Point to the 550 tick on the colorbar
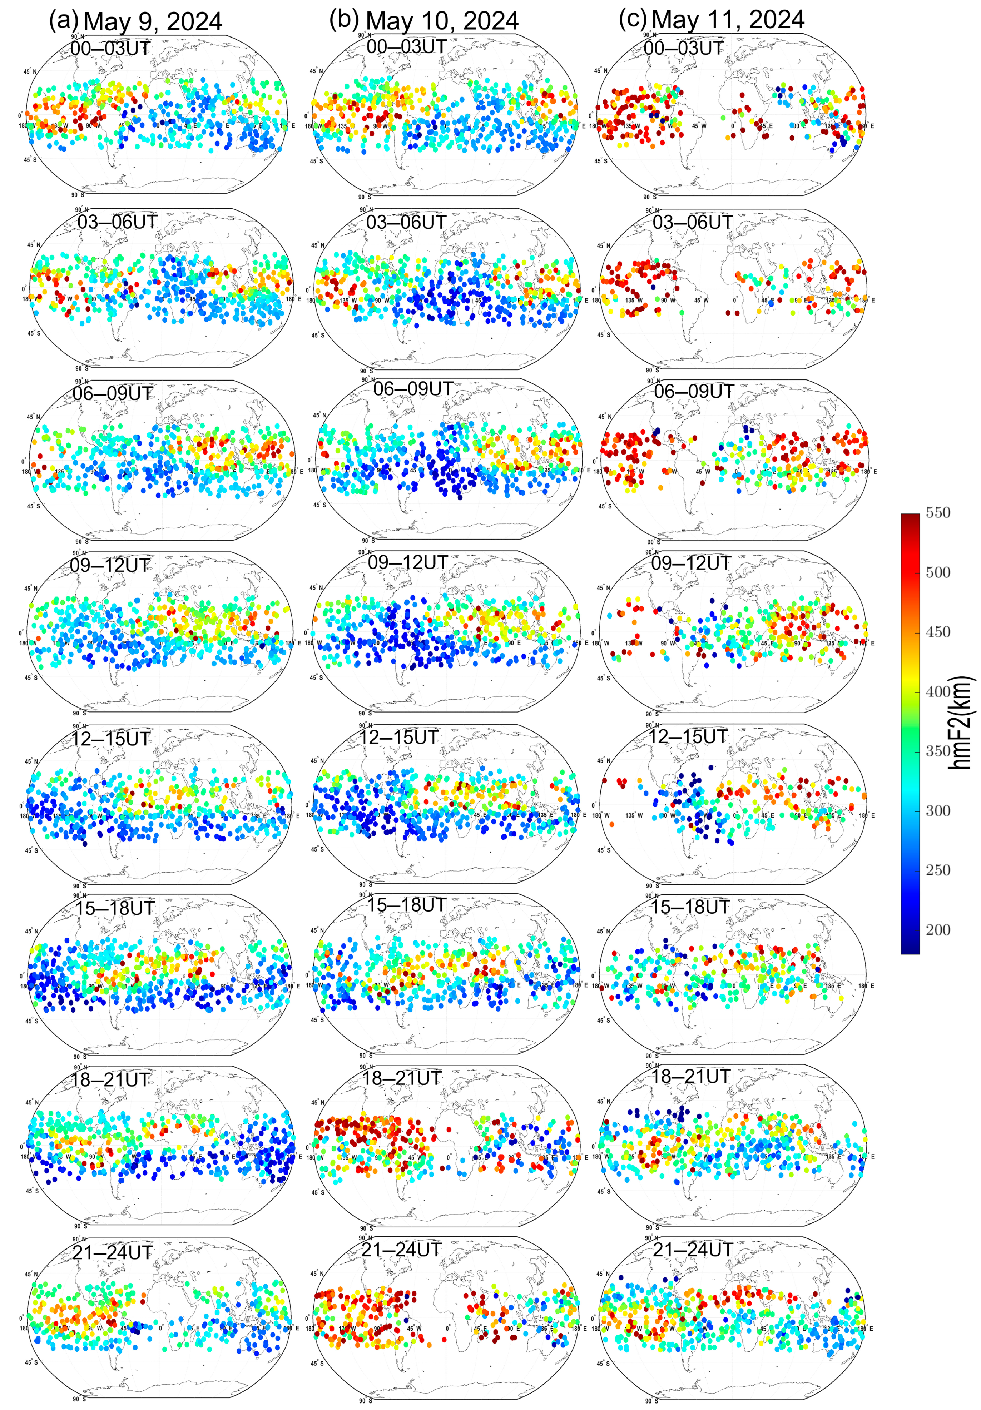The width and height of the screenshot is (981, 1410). tap(937, 513)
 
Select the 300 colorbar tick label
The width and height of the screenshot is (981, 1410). tap(937, 811)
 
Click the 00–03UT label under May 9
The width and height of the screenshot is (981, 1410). tap(110, 48)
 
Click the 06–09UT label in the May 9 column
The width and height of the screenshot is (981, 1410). tap(113, 393)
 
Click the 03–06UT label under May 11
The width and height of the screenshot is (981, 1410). tap(692, 222)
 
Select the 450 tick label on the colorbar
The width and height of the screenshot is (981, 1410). tap(937, 632)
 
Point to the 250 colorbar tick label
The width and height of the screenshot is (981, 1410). tap(937, 870)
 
